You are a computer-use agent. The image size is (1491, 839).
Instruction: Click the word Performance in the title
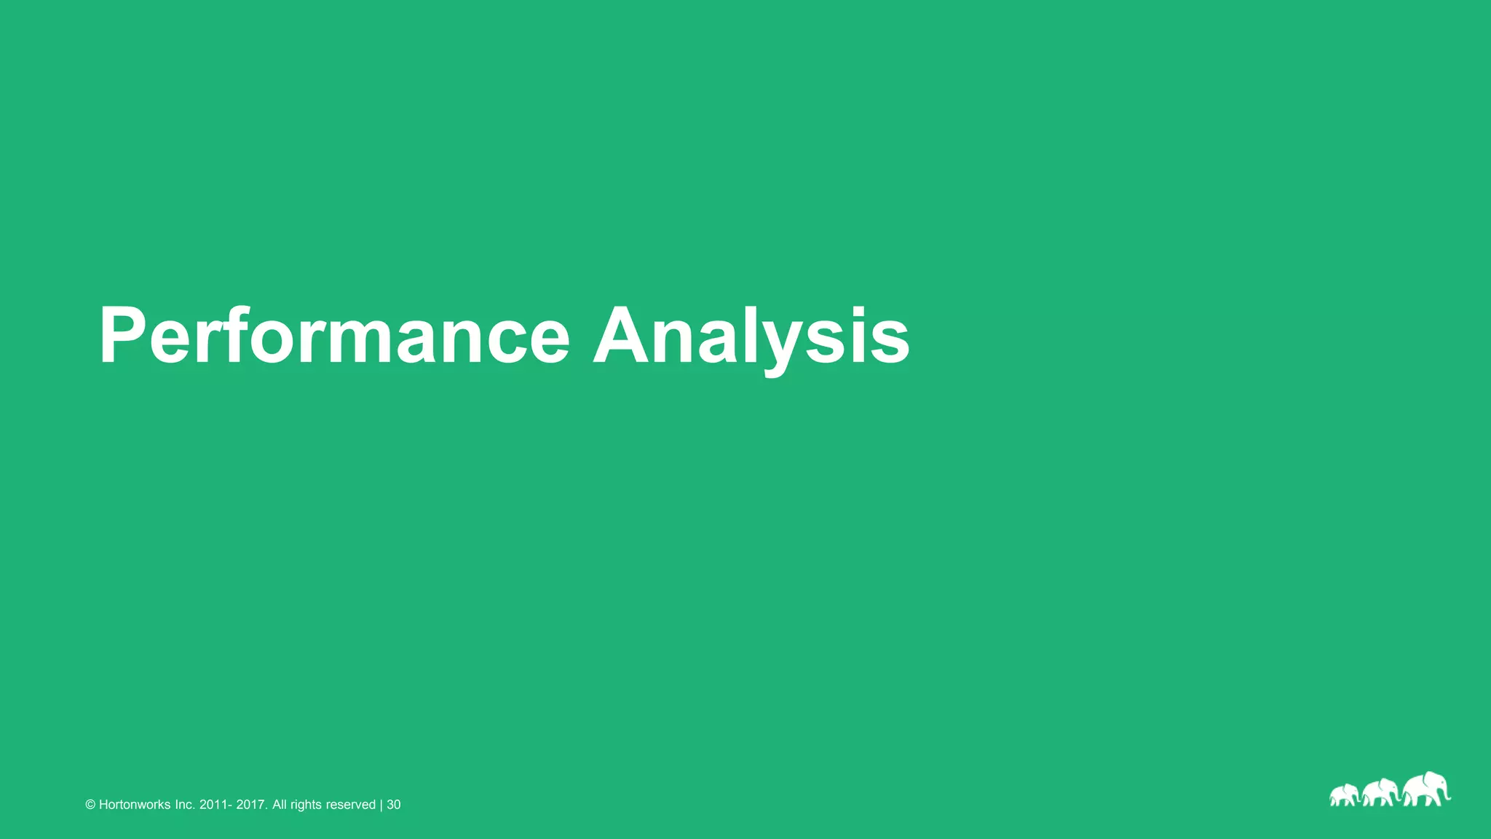click(334, 336)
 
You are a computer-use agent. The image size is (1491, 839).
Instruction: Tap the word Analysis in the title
click(751, 336)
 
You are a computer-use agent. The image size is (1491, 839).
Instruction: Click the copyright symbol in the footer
click(90, 805)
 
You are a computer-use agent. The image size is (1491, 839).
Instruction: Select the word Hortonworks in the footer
click(135, 805)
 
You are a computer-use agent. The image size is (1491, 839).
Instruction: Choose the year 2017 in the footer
click(252, 805)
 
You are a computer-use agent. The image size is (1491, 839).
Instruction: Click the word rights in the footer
click(306, 805)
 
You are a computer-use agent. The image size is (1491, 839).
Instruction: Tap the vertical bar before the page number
click(381, 805)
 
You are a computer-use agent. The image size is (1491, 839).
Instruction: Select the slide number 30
click(394, 805)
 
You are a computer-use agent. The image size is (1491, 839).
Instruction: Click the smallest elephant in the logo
click(1344, 795)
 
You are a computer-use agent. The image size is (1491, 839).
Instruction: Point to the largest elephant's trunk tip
click(1448, 799)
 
